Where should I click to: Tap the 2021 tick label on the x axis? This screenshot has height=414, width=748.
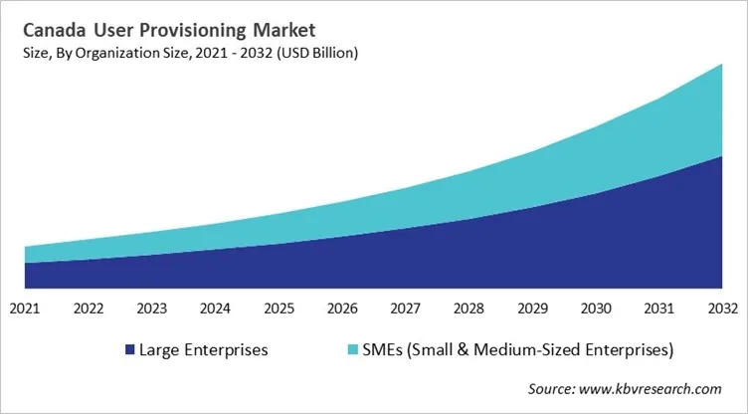tap(25, 309)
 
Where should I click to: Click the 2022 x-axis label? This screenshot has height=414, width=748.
tap(89, 309)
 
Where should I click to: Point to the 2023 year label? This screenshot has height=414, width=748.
tap(152, 309)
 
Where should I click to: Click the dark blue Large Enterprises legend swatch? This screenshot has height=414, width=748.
tap(128, 350)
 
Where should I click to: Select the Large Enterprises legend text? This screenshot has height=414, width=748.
tap(204, 350)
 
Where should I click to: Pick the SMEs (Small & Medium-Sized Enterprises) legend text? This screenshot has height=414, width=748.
tap(506, 350)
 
